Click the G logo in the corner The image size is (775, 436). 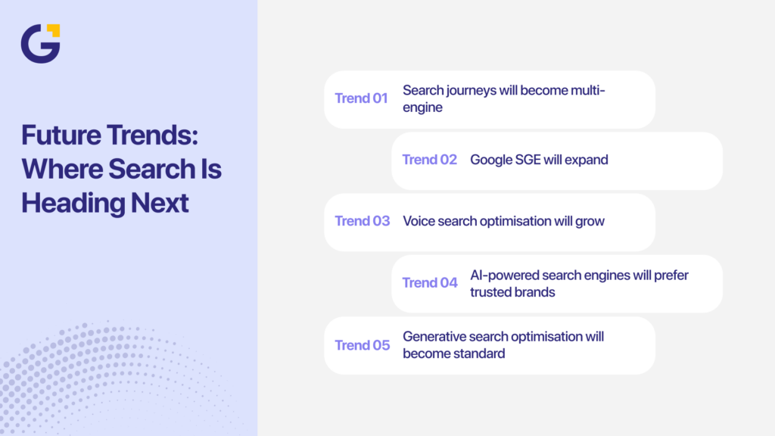[x=39, y=44]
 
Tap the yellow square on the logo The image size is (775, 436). [x=53, y=30]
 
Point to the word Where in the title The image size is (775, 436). [x=61, y=169]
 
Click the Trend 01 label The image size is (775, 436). [x=361, y=98]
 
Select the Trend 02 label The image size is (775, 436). [x=429, y=160]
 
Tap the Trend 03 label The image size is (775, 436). [x=362, y=221]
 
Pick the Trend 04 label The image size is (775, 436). [x=429, y=283]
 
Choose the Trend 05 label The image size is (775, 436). [x=362, y=345]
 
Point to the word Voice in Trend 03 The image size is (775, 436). [x=419, y=221]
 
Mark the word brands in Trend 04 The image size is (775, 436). [x=534, y=292]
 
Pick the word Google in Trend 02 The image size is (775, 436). [x=490, y=160]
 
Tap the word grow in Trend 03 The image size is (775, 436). [x=590, y=221]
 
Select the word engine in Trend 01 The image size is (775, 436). [x=422, y=107]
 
